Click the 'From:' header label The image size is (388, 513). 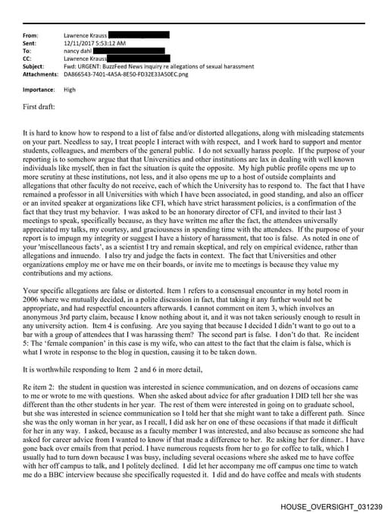[31, 36]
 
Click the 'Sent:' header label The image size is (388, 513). [30, 43]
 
